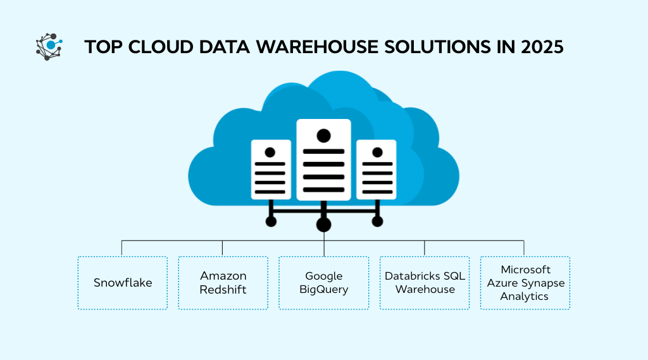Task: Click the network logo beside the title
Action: click(x=49, y=46)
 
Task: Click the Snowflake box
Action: click(x=123, y=283)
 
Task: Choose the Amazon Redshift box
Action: click(x=223, y=283)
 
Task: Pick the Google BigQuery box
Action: click(x=323, y=283)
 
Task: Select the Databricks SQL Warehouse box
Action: click(x=425, y=283)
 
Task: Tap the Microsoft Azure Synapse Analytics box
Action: click(x=525, y=283)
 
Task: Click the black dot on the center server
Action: click(x=323, y=135)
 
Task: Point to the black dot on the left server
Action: click(x=270, y=152)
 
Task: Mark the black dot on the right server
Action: click(x=377, y=152)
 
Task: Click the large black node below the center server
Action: click(x=323, y=224)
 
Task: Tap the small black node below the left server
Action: click(x=271, y=221)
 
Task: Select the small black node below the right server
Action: click(x=377, y=221)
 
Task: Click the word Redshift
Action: click(x=223, y=290)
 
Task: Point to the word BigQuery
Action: click(x=323, y=290)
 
